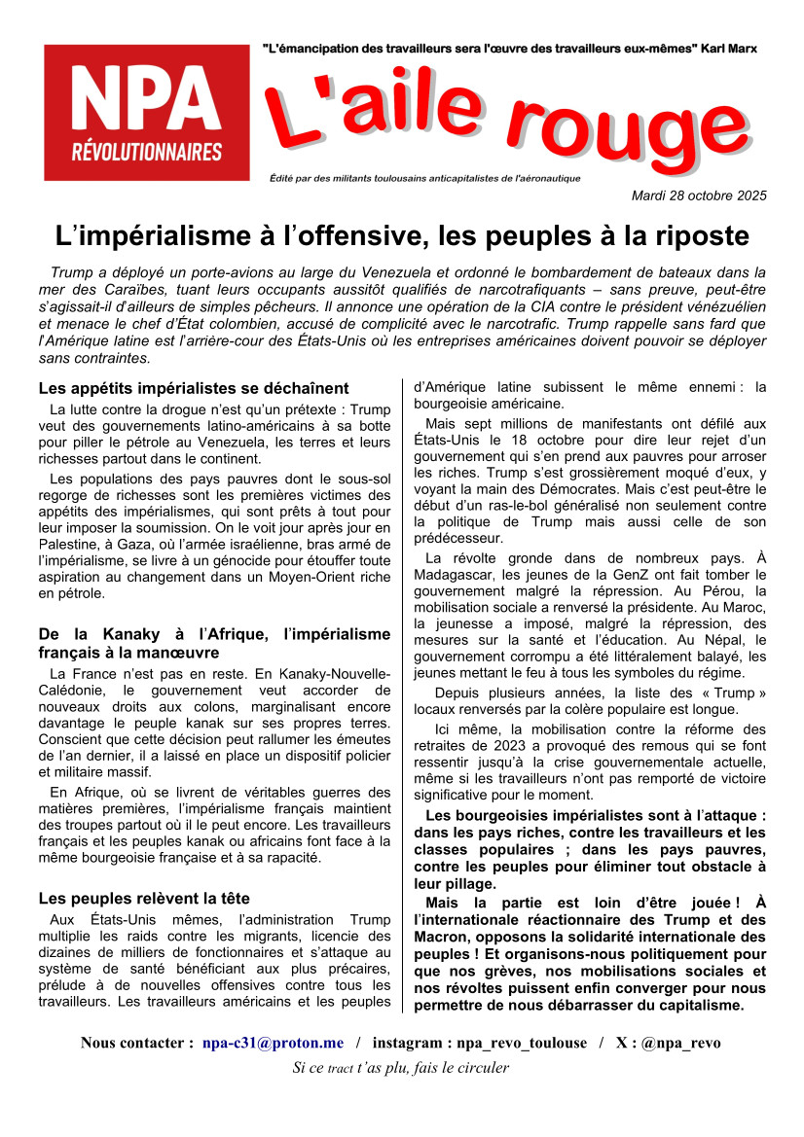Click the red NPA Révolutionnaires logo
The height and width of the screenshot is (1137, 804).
(x=146, y=113)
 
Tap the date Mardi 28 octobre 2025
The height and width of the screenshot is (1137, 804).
(x=699, y=195)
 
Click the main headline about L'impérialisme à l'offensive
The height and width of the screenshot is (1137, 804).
(x=402, y=236)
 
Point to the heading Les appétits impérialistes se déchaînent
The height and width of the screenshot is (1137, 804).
(x=194, y=388)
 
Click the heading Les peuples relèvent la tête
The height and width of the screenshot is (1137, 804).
(x=144, y=898)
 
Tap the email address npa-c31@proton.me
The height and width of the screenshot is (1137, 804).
(x=273, y=1043)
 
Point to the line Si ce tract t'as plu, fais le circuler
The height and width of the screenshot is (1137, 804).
(x=401, y=1067)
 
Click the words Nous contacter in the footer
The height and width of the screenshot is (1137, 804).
(x=136, y=1043)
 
